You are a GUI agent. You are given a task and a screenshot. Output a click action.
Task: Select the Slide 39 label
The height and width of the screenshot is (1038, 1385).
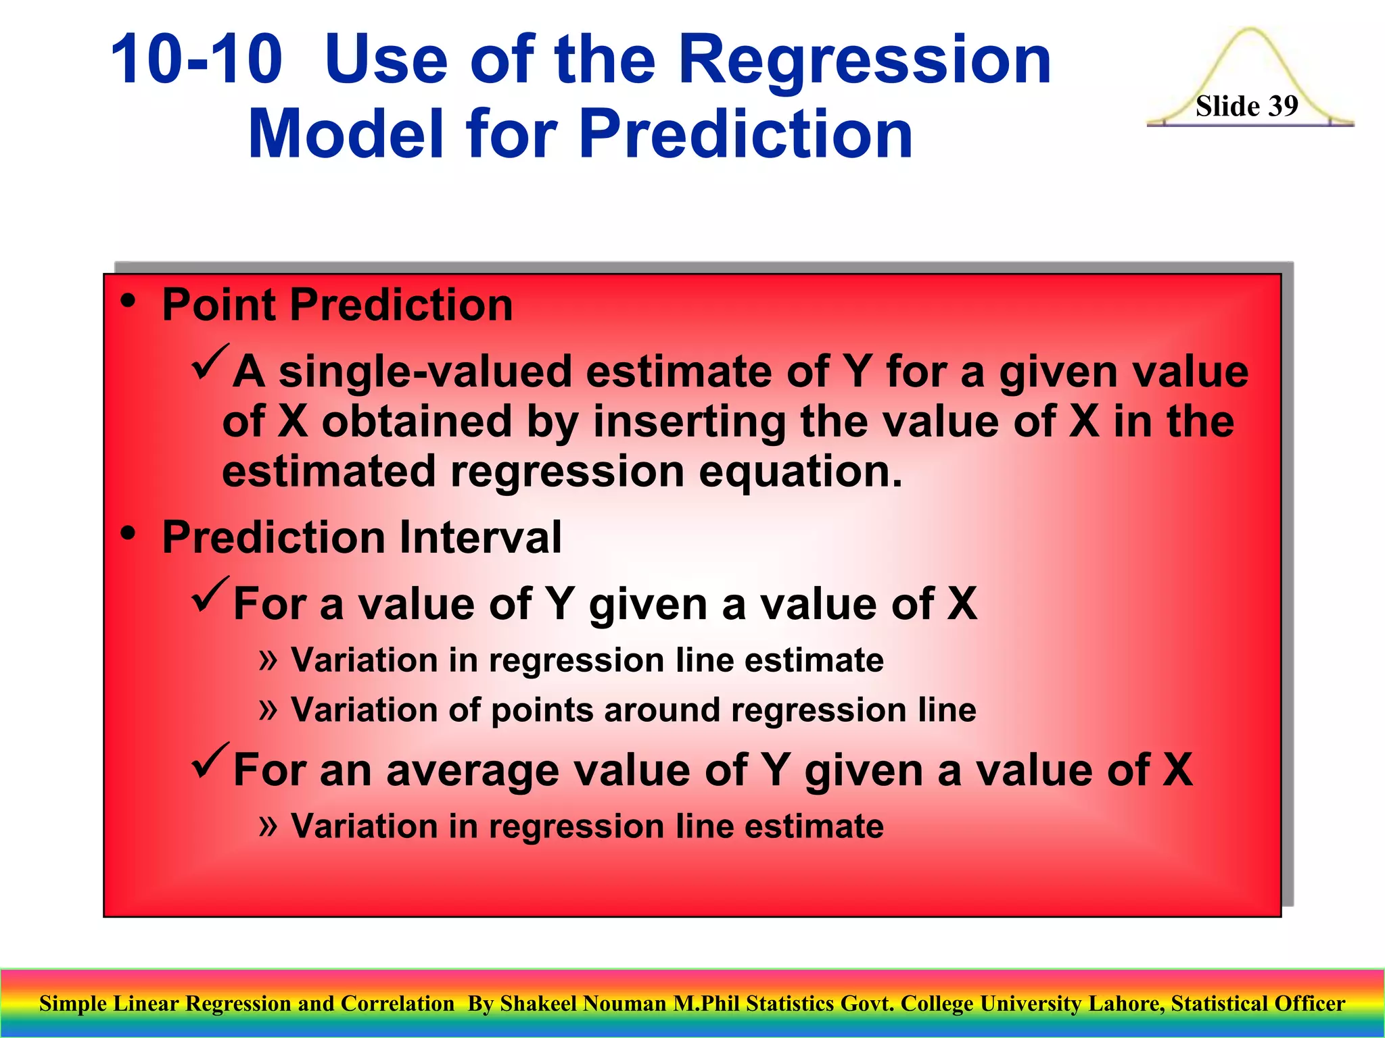1246,106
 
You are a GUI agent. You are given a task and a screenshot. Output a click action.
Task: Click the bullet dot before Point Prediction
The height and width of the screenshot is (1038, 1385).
128,301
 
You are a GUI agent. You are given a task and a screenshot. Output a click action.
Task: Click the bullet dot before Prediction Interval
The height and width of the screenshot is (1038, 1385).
128,534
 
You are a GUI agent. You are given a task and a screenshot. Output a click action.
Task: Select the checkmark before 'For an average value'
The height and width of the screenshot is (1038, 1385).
210,760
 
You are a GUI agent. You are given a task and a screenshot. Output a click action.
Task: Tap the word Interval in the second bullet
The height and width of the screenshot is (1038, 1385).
480,538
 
